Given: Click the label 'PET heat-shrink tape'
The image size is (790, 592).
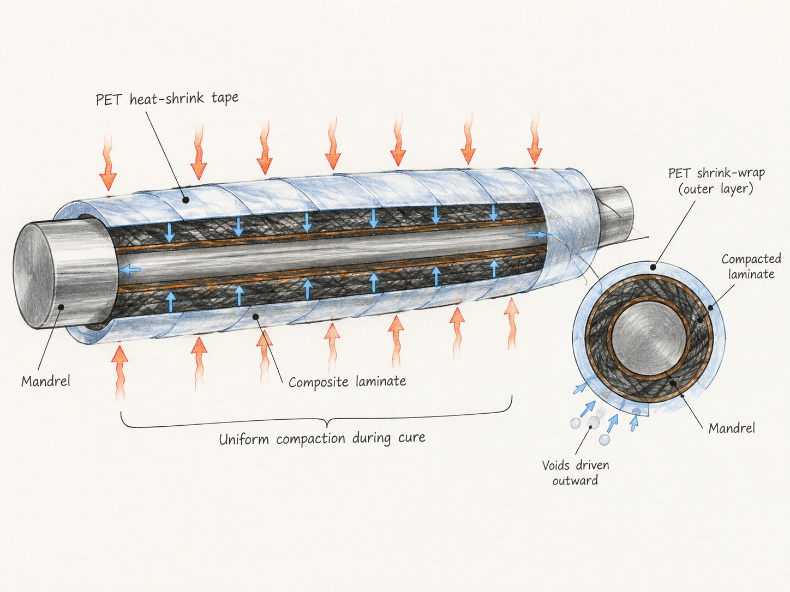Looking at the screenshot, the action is pos(167,99).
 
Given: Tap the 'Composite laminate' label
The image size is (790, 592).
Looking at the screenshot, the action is pos(347,382).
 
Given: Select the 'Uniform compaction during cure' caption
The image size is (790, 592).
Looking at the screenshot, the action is pos(322,438).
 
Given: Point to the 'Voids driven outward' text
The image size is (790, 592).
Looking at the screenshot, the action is pos(576,473).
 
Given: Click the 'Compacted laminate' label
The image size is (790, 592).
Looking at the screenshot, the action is pos(751,267).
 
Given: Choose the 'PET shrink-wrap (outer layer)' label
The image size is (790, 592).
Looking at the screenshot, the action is pos(716,181).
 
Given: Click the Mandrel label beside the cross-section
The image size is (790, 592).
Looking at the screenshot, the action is pos(732,428).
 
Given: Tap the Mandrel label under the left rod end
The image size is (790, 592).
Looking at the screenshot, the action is pos(46,381).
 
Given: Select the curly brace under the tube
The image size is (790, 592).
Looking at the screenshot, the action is pos(316,416).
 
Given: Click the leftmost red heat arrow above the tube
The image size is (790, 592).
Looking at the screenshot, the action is pos(108,164).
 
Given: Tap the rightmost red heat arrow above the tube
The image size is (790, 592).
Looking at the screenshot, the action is pos(535,139).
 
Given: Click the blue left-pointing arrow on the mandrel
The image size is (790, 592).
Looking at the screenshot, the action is pos(129,269).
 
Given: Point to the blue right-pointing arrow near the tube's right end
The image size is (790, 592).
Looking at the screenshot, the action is pos(537,235).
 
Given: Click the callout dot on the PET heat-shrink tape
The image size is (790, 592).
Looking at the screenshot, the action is pos(185,200).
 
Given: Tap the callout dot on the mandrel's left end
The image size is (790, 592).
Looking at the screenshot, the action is pos(61,307).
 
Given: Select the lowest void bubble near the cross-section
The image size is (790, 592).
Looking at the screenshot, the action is pos(605,439).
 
